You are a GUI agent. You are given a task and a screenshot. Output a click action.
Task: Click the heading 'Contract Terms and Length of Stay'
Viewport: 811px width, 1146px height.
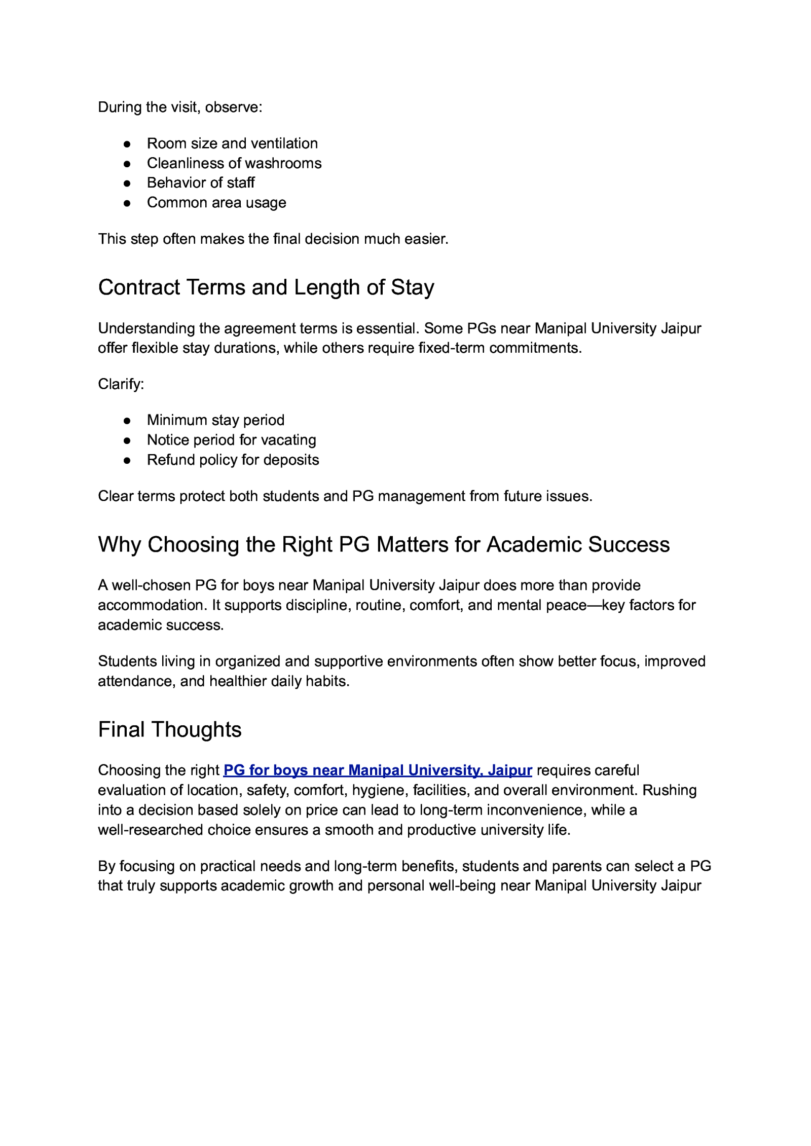tap(266, 287)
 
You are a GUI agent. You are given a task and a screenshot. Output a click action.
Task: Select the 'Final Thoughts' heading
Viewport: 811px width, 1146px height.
tap(169, 729)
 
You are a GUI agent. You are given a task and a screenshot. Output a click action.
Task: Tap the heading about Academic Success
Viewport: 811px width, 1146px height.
tap(383, 544)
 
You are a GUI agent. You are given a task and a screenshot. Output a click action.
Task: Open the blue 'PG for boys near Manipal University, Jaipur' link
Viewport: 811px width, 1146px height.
tap(377, 770)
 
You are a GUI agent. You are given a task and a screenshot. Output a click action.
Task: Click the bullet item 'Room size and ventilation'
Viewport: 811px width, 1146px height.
tap(232, 143)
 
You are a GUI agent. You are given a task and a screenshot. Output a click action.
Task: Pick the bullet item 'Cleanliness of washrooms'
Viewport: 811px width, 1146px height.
tap(234, 163)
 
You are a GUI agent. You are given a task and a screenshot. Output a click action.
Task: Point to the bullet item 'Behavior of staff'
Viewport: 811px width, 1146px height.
tap(201, 182)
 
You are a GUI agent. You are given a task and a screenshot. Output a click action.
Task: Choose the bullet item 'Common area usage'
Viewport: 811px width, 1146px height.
tap(216, 203)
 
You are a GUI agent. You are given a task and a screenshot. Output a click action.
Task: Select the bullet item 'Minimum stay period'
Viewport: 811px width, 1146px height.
tap(215, 420)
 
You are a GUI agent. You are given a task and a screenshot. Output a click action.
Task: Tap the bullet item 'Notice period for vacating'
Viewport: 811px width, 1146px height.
tap(231, 440)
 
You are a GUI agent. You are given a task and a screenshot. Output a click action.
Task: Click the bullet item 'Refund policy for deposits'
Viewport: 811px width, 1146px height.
tap(233, 460)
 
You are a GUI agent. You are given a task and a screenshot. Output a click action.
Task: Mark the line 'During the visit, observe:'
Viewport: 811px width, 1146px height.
tap(180, 107)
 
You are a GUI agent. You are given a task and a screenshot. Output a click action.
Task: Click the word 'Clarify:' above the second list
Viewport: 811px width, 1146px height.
tap(121, 384)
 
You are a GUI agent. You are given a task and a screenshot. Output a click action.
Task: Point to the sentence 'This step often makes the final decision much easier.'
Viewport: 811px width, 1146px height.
tap(273, 239)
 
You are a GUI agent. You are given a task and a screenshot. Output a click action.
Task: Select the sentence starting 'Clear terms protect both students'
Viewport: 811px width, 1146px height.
tap(345, 496)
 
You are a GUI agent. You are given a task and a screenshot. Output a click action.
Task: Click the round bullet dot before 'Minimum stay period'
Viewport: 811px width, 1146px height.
tap(127, 421)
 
